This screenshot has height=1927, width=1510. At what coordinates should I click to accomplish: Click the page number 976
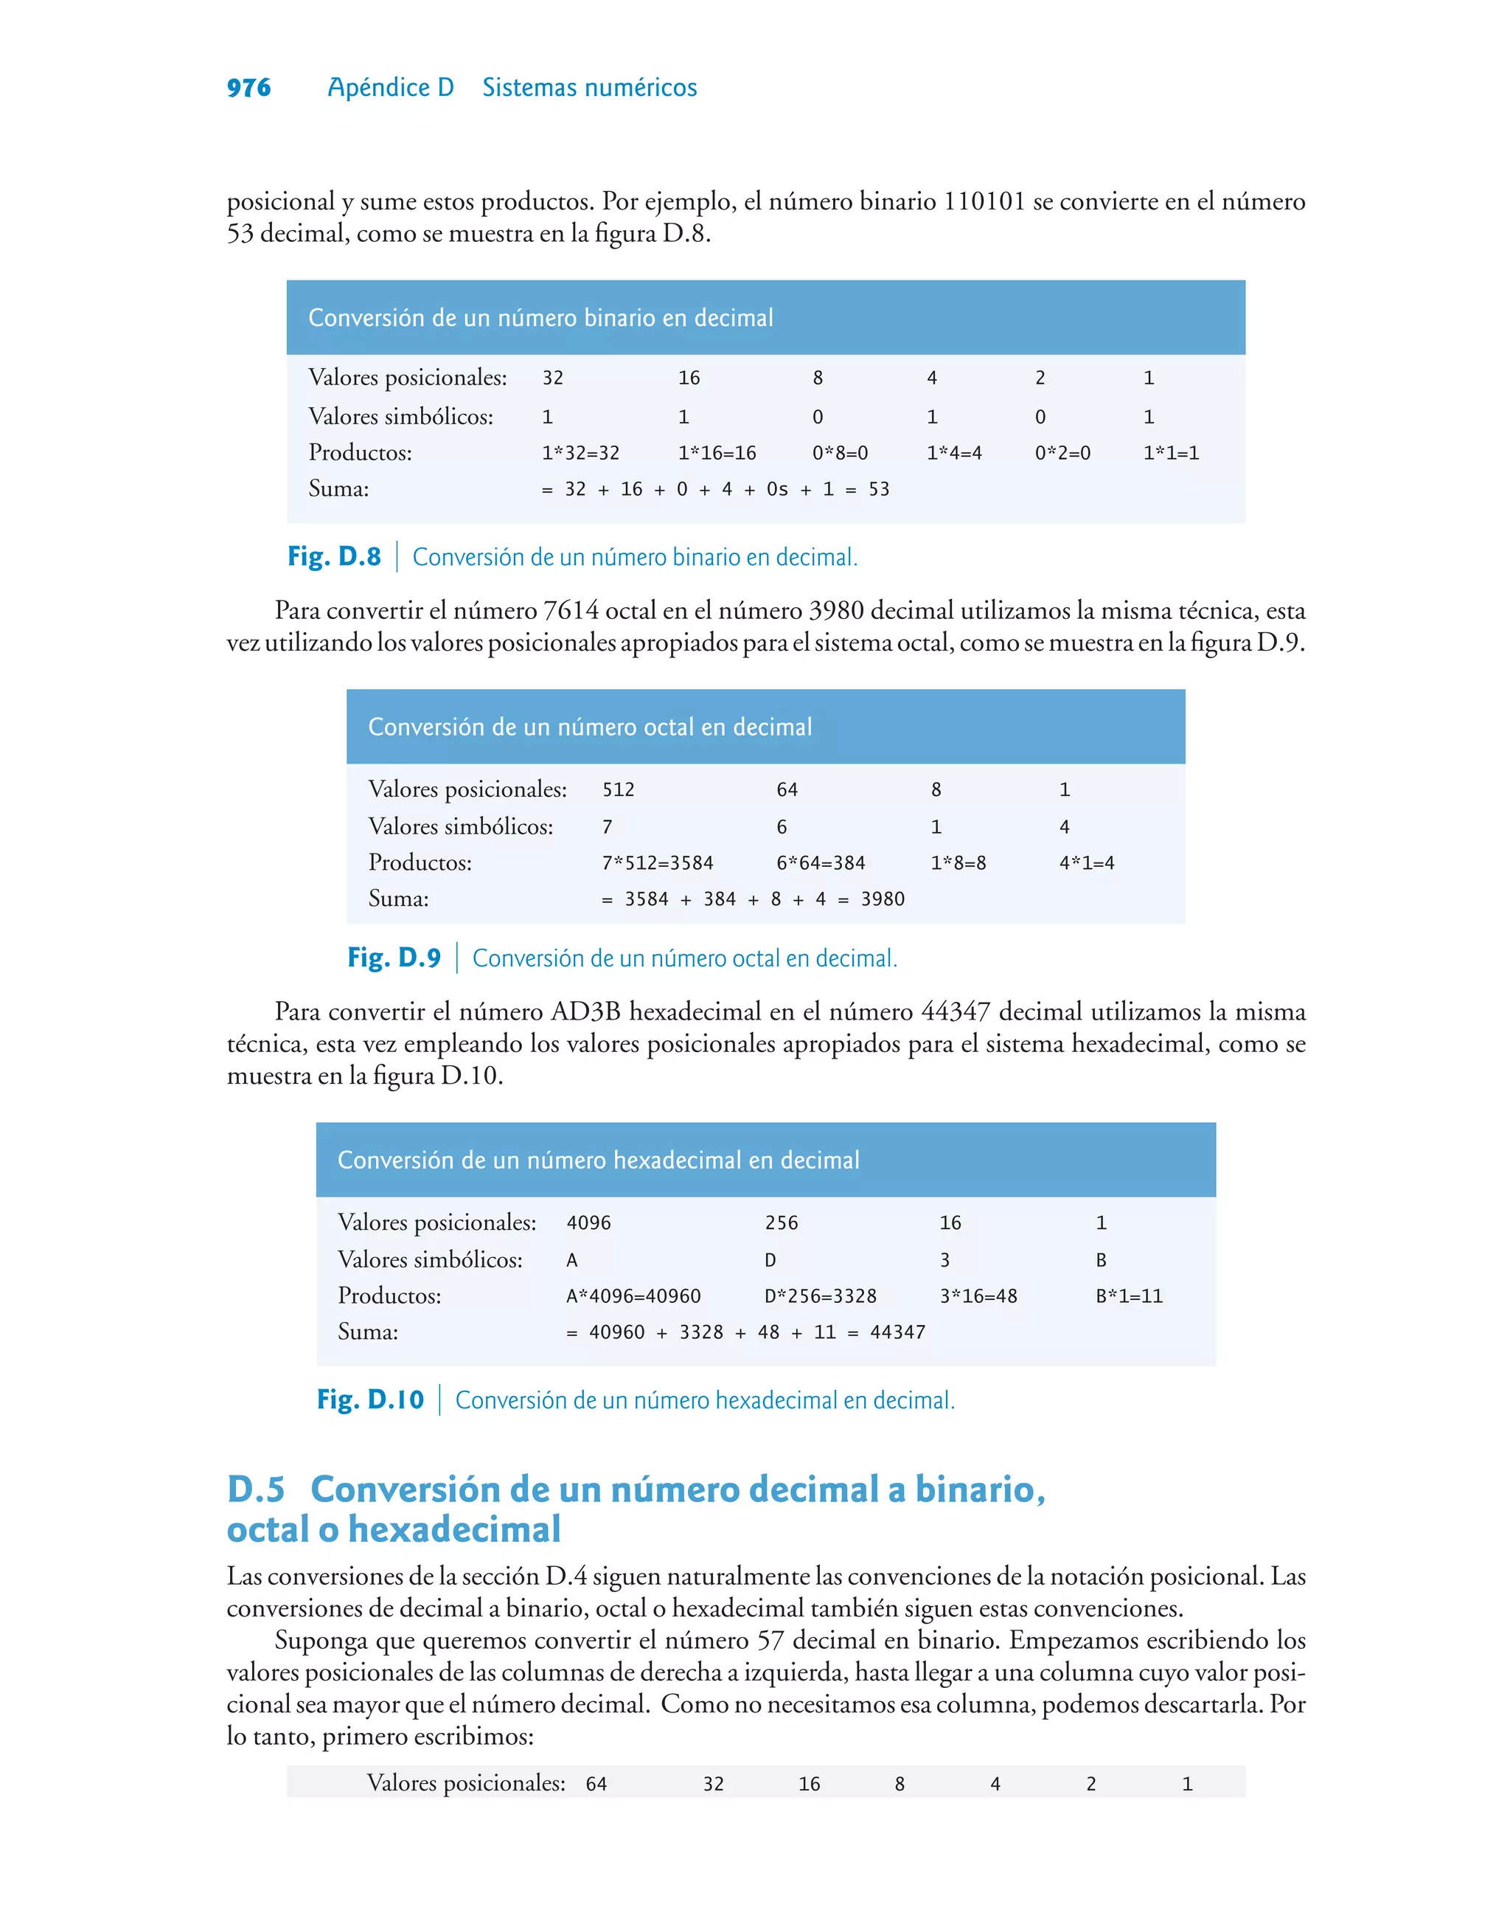[x=248, y=88]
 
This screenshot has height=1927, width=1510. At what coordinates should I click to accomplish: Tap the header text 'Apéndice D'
[x=390, y=88]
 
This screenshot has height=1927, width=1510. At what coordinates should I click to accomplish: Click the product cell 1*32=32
[x=580, y=453]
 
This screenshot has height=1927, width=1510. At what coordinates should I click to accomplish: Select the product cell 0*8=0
[x=840, y=453]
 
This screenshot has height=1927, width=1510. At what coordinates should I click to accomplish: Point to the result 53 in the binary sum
[x=878, y=489]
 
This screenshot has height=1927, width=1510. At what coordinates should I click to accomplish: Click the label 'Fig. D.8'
[x=334, y=556]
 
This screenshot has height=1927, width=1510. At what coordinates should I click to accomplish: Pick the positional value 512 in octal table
[x=618, y=789]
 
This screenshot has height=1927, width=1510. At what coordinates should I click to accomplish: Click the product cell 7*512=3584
[x=657, y=862]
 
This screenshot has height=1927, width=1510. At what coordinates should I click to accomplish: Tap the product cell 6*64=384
[x=821, y=862]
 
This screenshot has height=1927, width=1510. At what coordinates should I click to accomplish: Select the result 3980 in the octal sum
[x=883, y=899]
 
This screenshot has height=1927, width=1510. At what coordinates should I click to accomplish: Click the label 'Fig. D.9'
[x=394, y=958]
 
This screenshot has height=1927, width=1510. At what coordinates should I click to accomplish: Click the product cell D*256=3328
[x=820, y=1295]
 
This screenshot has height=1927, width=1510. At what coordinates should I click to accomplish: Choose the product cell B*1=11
[x=1129, y=1295]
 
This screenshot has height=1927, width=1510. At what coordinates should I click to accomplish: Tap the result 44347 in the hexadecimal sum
[x=897, y=1332]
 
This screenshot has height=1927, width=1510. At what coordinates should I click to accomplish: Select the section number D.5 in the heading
[x=256, y=1490]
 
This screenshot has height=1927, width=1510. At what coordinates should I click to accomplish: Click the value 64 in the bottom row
[x=596, y=1784]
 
